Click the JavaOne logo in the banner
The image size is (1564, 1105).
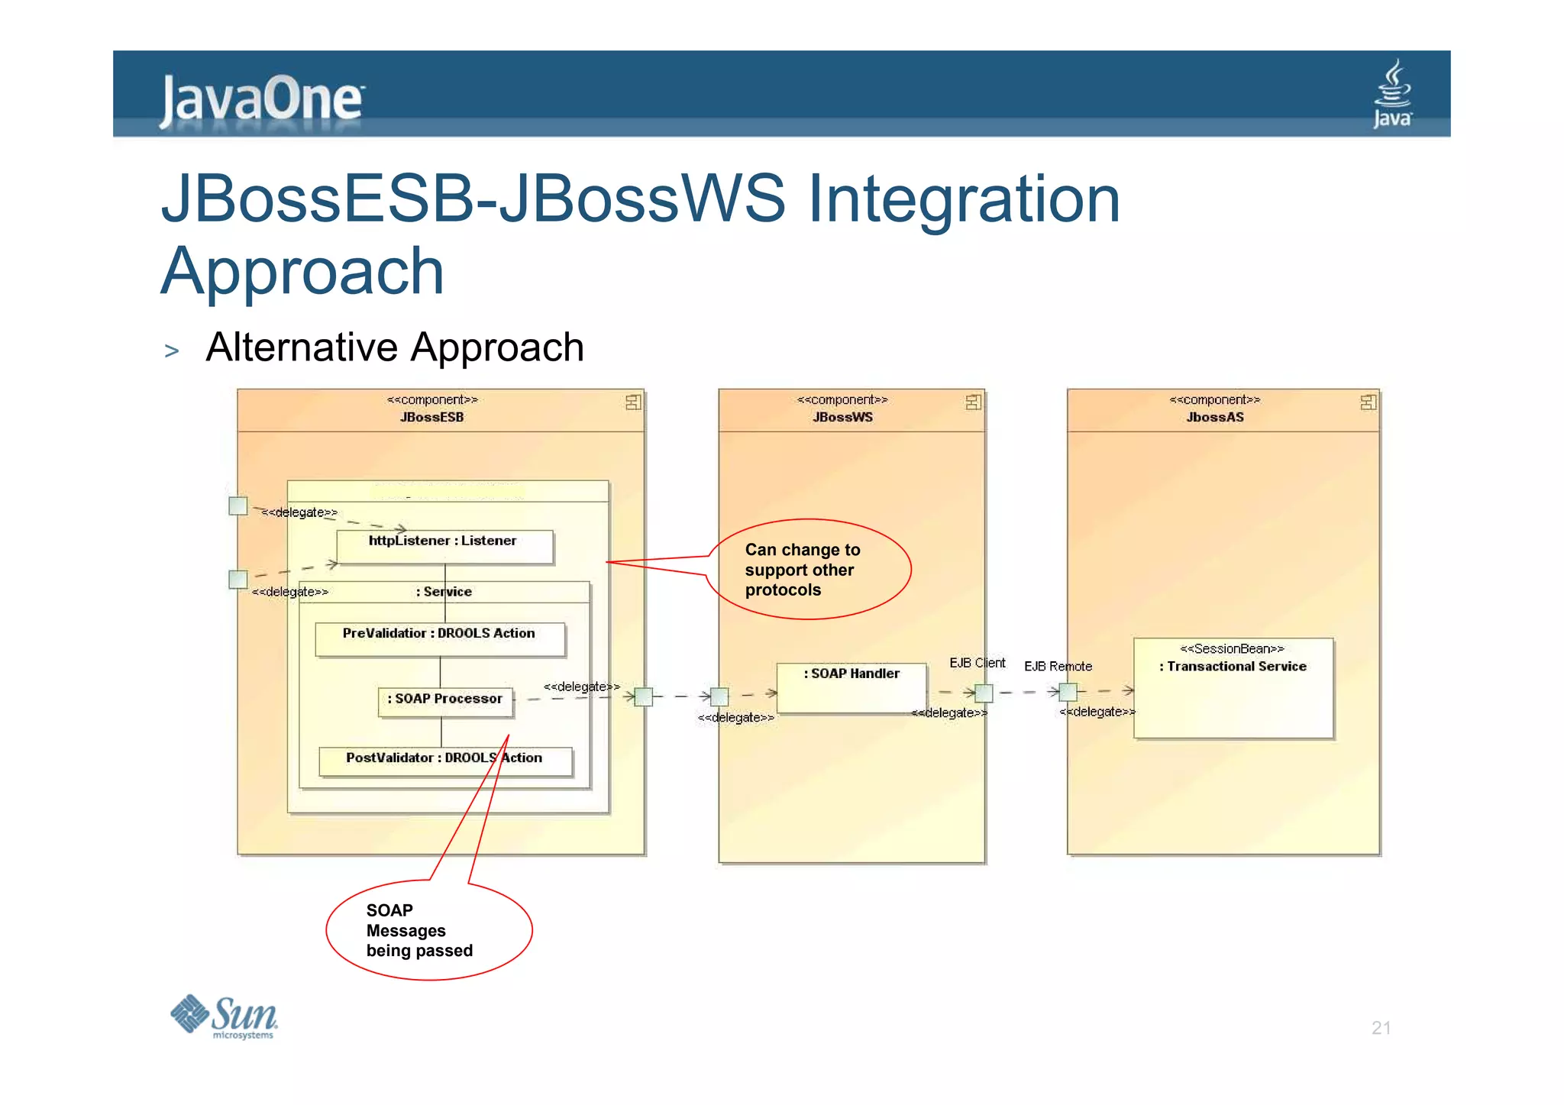tap(262, 100)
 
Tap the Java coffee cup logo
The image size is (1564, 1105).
tap(1393, 94)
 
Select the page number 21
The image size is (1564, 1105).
tap(1381, 1028)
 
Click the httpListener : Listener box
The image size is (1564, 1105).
tap(444, 547)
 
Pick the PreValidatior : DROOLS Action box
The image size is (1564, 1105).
tap(440, 639)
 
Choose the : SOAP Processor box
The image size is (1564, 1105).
tap(446, 702)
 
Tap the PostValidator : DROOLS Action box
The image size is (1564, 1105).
tap(445, 761)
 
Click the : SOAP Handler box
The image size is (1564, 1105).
tap(851, 687)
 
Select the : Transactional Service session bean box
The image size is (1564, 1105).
tap(1233, 687)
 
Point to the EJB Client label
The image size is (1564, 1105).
tap(977, 663)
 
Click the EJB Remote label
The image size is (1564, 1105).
tap(1058, 666)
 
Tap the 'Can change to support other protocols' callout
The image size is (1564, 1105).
tap(808, 570)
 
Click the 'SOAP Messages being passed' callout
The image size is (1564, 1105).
tap(428, 930)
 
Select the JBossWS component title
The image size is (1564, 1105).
tap(842, 417)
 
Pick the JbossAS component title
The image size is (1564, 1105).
tap(1214, 417)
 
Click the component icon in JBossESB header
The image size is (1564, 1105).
tap(633, 402)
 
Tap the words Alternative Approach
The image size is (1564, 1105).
tap(395, 347)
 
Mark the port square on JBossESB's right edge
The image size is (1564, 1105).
tap(644, 696)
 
